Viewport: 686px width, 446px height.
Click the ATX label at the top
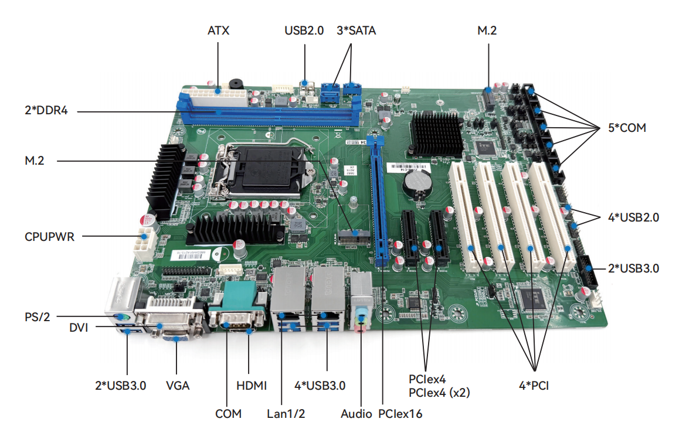[218, 30]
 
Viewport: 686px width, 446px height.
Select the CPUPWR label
[50, 237]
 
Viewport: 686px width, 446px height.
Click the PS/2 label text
[38, 316]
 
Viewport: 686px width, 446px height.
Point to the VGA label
[178, 385]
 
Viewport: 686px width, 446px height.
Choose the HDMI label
[252, 385]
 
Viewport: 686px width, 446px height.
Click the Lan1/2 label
[286, 413]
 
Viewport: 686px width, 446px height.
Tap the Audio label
[356, 413]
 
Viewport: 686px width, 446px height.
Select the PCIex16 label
[400, 413]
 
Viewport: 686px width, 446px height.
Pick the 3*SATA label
[356, 30]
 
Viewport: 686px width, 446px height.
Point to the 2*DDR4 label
[43, 110]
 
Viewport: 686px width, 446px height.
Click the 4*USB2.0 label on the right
[634, 217]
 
